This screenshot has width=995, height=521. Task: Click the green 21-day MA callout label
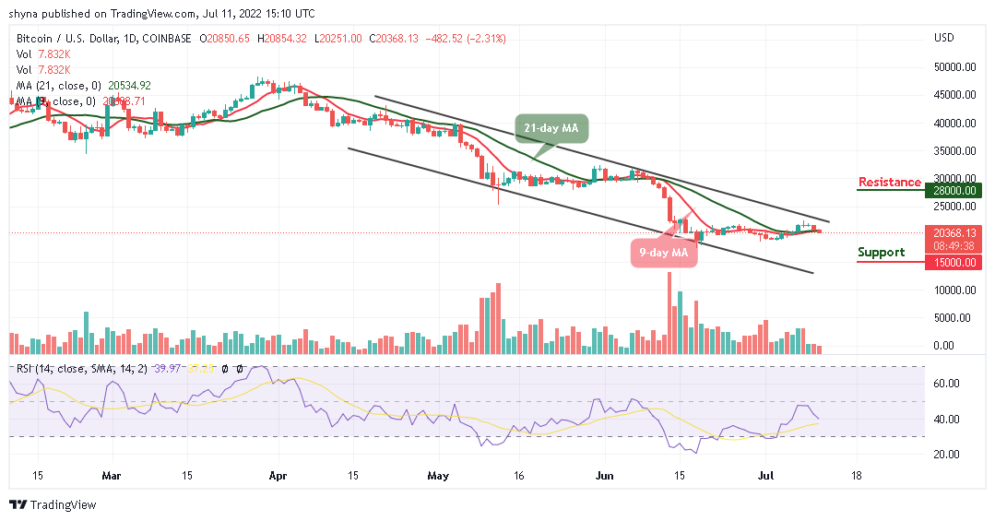552,127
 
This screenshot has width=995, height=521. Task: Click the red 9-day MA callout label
663,251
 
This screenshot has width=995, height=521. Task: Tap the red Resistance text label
889,182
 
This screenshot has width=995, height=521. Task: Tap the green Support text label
881,252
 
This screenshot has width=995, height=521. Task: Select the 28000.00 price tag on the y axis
954,190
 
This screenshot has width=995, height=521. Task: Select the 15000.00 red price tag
954,263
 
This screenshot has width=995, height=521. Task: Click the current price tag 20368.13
954,233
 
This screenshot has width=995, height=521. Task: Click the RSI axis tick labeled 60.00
949,384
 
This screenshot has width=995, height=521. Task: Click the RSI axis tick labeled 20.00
949,455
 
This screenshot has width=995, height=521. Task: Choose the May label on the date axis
438,478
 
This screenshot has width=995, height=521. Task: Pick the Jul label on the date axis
764,478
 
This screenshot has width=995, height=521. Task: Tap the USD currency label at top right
943,38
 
